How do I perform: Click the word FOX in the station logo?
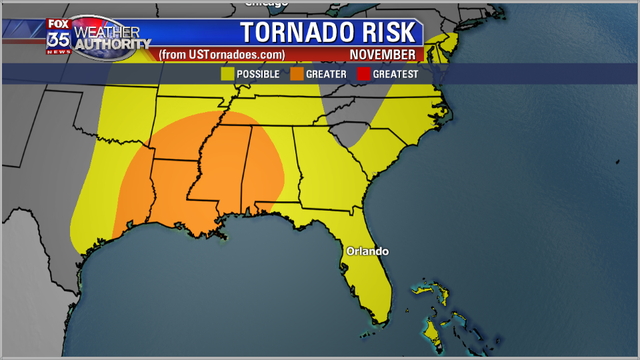coord(57,25)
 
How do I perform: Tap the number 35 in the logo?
coord(58,41)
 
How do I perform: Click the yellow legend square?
coord(226,73)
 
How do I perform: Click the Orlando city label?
coord(367,251)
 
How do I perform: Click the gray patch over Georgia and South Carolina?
coord(349,133)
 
